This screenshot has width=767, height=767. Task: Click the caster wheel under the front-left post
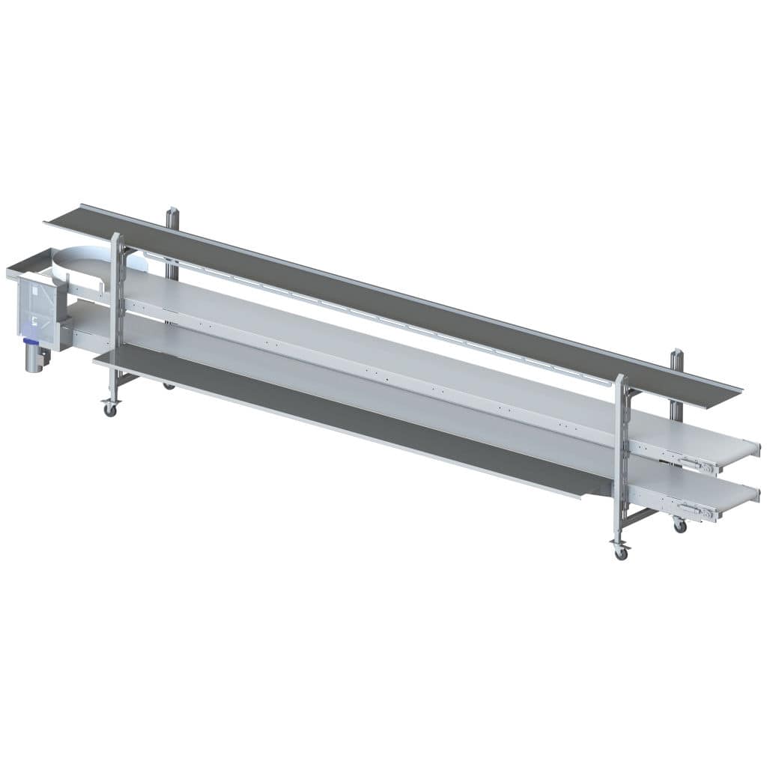click(x=110, y=410)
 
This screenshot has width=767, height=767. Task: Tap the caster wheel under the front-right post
click(x=620, y=553)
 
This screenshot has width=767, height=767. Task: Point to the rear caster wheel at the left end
click(x=169, y=386)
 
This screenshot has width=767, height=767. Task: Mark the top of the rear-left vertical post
click(x=172, y=210)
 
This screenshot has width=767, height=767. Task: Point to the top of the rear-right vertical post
click(x=676, y=353)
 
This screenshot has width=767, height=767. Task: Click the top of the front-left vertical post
click(x=115, y=237)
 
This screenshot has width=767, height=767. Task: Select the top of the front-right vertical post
click(x=619, y=378)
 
